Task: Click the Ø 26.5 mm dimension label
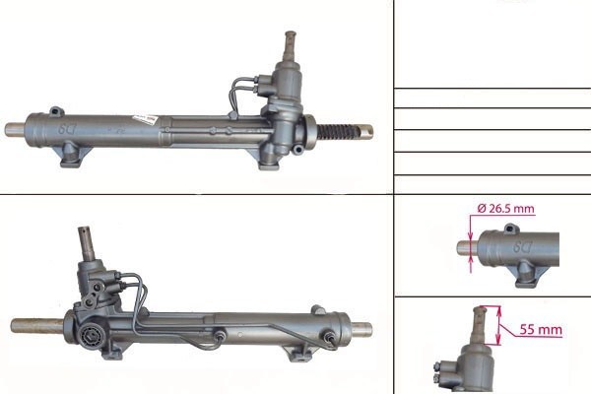pos(506,209)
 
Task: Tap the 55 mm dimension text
pos(541,330)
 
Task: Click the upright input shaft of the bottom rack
pos(87,243)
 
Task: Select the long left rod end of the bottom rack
pos(37,326)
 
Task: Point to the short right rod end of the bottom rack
pos(362,330)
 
